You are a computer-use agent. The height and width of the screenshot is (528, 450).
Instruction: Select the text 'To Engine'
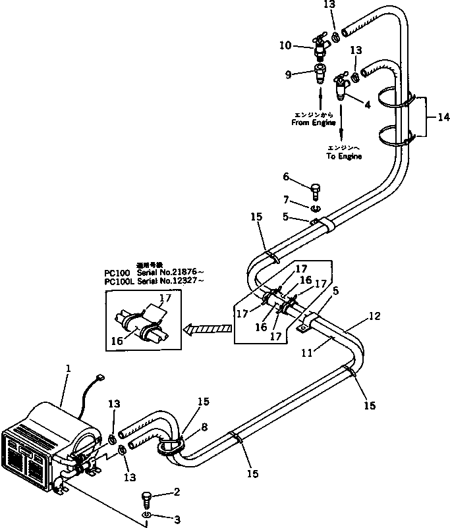click(x=345, y=157)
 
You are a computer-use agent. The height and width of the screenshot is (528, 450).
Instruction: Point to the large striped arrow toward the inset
click(x=209, y=329)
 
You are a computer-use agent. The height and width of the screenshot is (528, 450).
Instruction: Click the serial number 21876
click(x=184, y=272)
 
